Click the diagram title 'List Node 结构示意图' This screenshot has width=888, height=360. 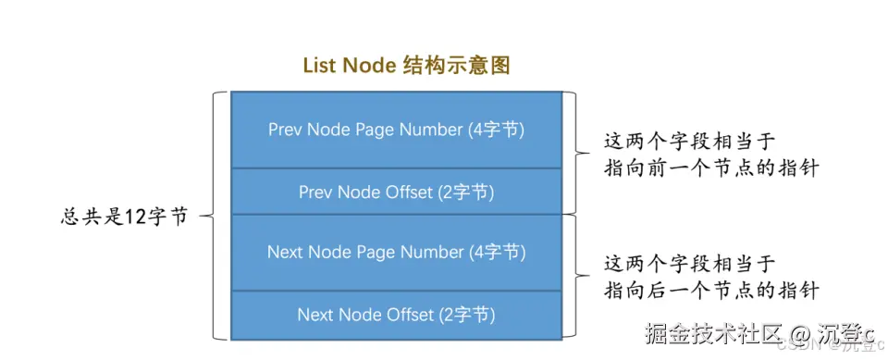click(406, 66)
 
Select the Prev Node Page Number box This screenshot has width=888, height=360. click(396, 130)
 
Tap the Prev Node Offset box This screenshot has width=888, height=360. click(396, 192)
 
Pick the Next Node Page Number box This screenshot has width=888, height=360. click(396, 252)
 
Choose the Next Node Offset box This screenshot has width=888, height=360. click(396, 315)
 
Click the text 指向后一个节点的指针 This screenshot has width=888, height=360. click(711, 290)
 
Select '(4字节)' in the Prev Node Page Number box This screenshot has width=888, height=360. click(496, 130)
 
